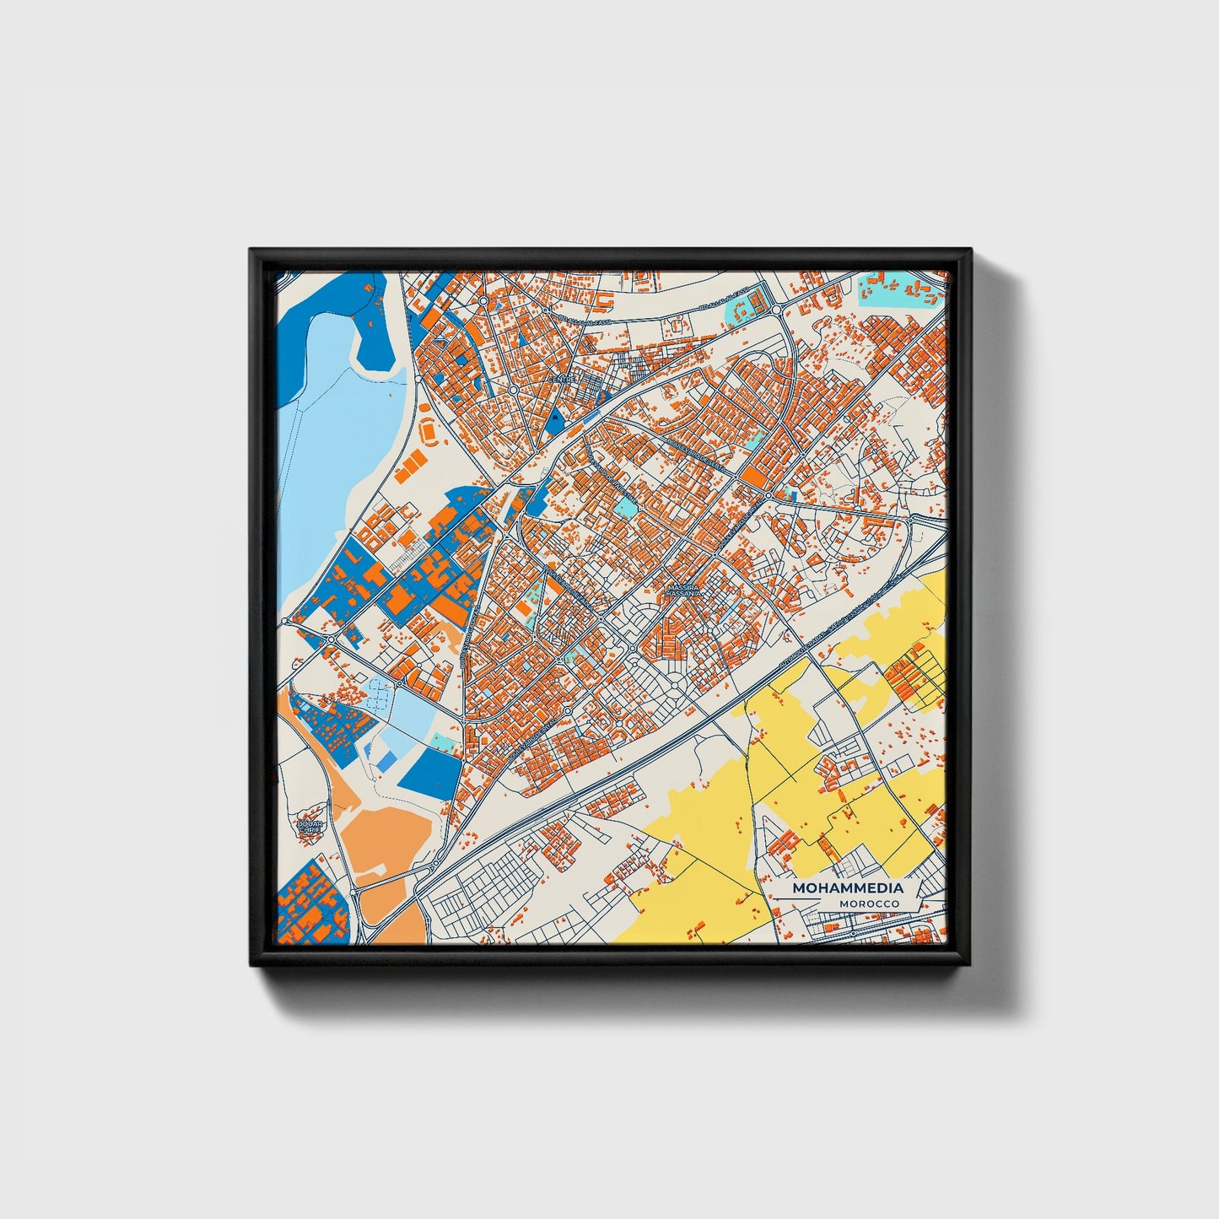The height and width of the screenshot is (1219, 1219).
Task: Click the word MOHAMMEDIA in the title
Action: pos(847,888)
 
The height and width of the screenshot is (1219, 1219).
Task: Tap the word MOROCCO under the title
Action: pos(869,904)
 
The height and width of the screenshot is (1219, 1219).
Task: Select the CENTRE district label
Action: pos(561,379)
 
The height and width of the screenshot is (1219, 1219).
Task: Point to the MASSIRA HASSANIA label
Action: pos(682,591)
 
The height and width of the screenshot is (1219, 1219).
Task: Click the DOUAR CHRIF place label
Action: pos(310,826)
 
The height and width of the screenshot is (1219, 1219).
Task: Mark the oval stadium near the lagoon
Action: pos(429,430)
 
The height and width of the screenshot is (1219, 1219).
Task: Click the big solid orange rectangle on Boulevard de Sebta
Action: pos(754,478)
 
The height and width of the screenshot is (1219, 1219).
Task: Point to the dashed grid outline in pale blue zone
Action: pos(380,695)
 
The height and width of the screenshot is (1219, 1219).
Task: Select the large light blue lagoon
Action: pos(337,439)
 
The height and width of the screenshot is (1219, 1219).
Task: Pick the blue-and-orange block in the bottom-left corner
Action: pos(308,903)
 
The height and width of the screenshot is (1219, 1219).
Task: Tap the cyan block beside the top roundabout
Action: pos(742,309)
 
